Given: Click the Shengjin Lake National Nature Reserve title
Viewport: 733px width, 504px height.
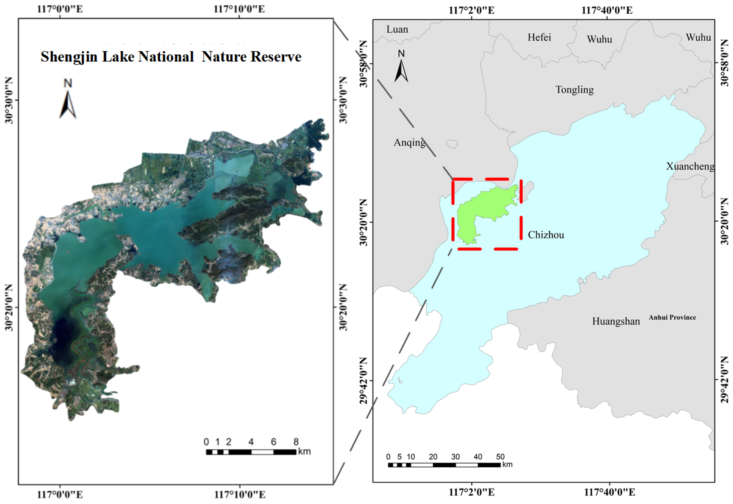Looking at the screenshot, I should [171, 57].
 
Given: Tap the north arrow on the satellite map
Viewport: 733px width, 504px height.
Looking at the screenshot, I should [67, 101].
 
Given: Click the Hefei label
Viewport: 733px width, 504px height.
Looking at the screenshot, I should [539, 37].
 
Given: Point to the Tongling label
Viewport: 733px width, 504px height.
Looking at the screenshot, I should [574, 90].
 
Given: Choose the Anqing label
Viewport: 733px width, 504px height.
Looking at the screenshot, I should [409, 142].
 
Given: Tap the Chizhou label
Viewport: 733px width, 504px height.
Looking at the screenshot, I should [546, 235].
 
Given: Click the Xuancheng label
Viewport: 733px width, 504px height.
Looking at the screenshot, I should [690, 166].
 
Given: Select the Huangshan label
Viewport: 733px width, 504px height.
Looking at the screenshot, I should [616, 321].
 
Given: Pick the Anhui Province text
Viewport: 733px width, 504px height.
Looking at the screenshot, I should [672, 317].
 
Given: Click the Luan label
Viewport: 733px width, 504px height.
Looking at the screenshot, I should [397, 29].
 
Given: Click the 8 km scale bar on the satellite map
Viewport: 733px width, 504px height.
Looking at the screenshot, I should [251, 452].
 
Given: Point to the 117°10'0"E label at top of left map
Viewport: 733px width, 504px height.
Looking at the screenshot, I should [239, 9].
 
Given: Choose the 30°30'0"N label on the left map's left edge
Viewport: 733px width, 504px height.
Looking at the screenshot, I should [8, 100].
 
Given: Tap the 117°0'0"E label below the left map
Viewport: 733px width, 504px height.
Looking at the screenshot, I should [60, 494].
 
